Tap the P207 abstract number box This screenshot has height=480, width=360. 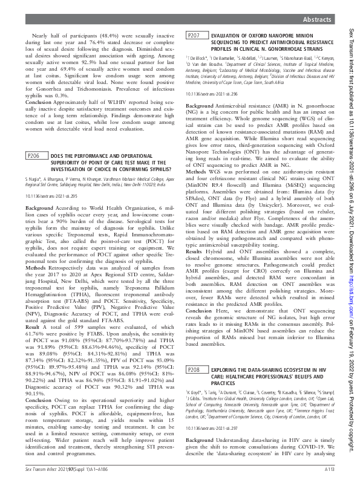coord(195,37)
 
